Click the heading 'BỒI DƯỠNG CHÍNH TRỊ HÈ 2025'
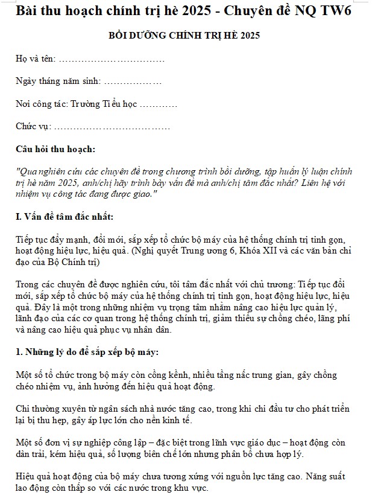pyautogui.click(x=184, y=36)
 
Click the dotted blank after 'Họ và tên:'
pyautogui.click(x=112, y=59)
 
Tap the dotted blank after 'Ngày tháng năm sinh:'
pyautogui.click(x=133, y=81)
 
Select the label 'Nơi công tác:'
pyautogui.click(x=41, y=104)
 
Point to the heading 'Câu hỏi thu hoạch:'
pyautogui.click(x=55, y=148)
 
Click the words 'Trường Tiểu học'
pyautogui.click(x=104, y=104)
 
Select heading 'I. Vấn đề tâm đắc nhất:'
pyautogui.click(x=64, y=217)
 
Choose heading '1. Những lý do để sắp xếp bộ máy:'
pyautogui.click(x=87, y=352)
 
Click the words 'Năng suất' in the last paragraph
pyautogui.click(x=335, y=477)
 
